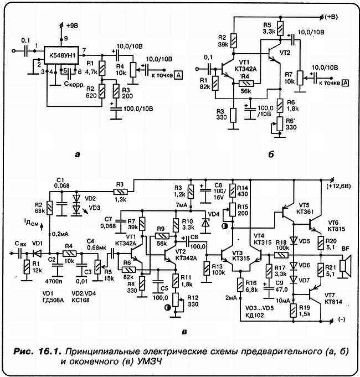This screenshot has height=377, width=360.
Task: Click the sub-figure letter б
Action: point(271,154)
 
